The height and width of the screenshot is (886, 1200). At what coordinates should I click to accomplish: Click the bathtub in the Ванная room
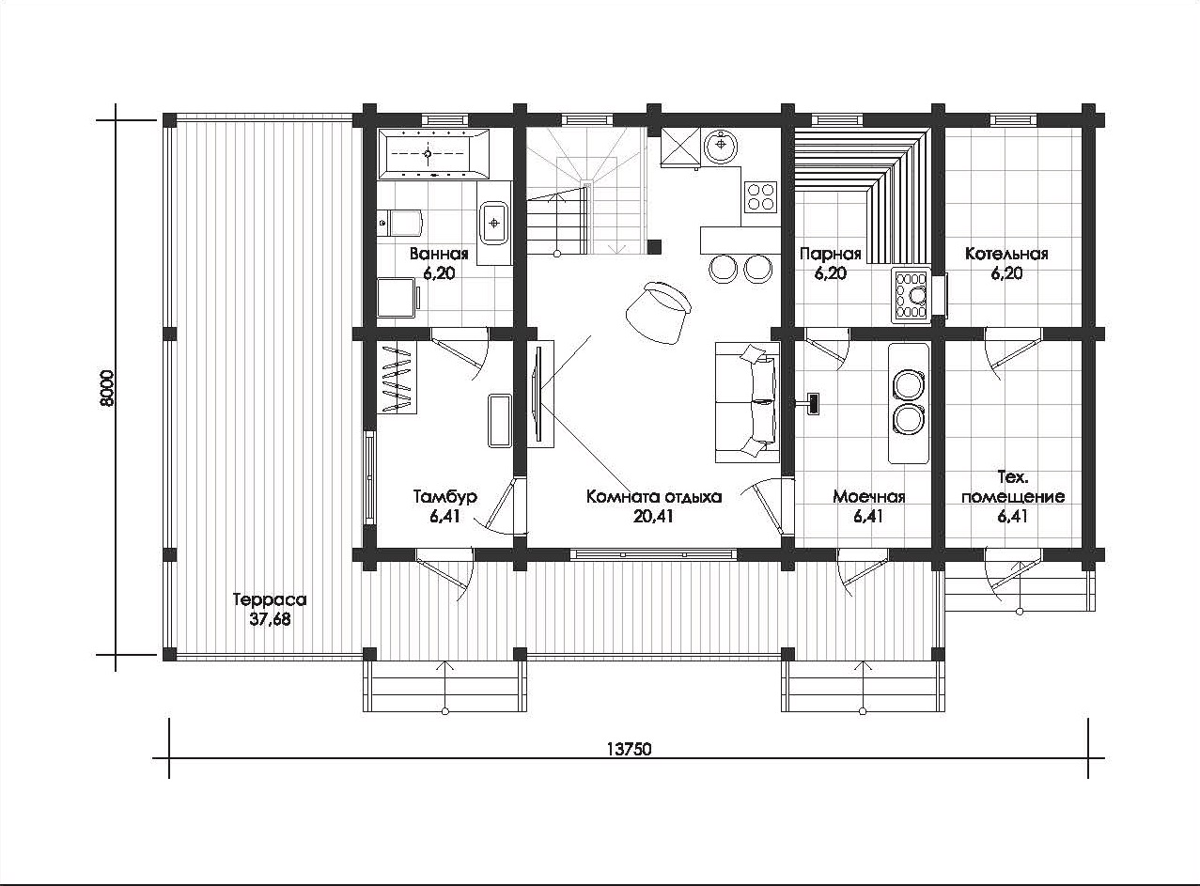(x=433, y=153)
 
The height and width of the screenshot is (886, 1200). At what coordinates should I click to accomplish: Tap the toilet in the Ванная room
(x=399, y=222)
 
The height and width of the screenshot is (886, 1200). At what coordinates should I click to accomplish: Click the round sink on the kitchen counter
(x=720, y=146)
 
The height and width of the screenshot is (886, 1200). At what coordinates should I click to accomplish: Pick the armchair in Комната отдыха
(x=659, y=314)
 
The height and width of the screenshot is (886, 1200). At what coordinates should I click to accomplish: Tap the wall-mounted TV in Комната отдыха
(x=538, y=394)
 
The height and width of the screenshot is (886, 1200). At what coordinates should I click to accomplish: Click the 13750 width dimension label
(x=629, y=749)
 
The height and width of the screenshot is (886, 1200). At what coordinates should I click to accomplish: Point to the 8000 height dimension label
(x=108, y=388)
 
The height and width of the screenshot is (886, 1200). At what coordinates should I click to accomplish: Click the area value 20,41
(x=653, y=517)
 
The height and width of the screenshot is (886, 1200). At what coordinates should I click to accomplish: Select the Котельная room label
(x=1006, y=254)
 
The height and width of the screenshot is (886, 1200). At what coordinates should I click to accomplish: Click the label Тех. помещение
(x=1013, y=487)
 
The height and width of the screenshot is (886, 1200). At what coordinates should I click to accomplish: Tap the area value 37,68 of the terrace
(x=270, y=619)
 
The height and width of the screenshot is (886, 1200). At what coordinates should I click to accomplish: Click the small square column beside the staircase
(x=654, y=247)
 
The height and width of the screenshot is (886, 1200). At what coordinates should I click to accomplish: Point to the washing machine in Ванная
(x=398, y=298)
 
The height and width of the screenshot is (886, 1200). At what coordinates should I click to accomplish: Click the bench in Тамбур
(x=500, y=421)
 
